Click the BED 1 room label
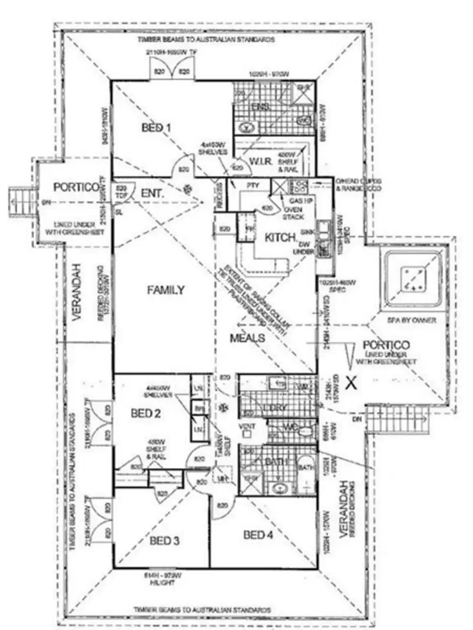click(156, 127)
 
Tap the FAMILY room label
click(166, 290)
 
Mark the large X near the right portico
click(351, 382)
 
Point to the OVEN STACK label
click(294, 212)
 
